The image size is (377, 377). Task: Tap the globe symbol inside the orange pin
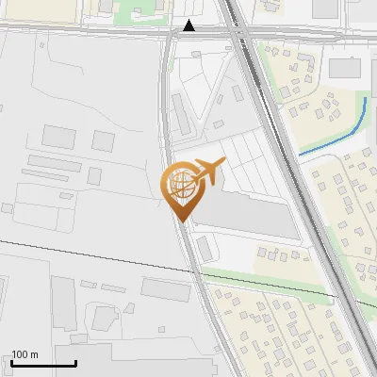point(181,185)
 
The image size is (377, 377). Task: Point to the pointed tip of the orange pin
point(181,220)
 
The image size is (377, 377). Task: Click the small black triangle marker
point(189,25)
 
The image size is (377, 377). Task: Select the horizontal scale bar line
point(43,363)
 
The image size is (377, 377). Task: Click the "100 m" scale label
point(25,354)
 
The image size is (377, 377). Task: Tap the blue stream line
point(339,137)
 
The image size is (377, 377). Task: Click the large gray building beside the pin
point(250,211)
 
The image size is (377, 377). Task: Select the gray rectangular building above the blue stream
point(345,68)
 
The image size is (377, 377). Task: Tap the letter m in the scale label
point(34,355)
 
